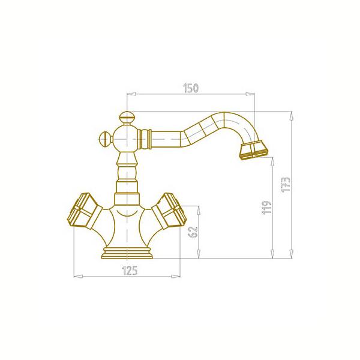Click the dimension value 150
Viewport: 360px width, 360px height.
coord(191,88)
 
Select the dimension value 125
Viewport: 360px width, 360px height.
coord(130,271)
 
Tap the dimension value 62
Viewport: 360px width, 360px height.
coord(193,232)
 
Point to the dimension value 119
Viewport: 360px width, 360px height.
coord(267,208)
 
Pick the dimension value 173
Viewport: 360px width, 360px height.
coord(286,185)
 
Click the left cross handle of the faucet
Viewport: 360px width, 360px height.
coord(85,211)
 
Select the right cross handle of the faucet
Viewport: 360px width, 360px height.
coord(169,211)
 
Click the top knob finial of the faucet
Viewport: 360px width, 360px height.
coord(126,118)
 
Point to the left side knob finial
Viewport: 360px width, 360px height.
coord(105,139)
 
